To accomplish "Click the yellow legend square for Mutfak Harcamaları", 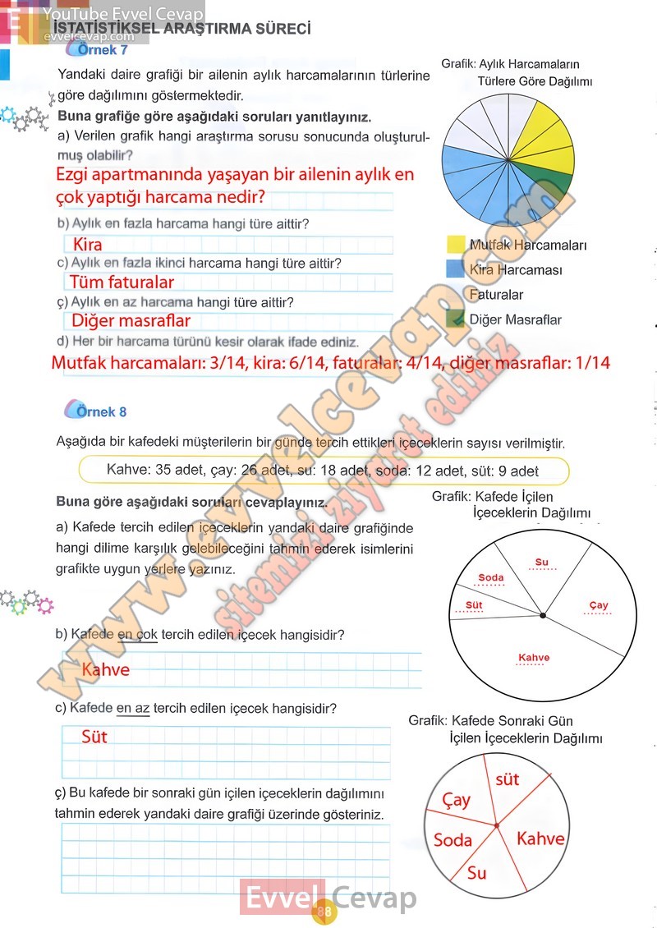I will click(456, 244).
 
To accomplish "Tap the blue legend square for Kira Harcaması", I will click(456, 269).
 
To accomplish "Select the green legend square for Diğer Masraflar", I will click(456, 319).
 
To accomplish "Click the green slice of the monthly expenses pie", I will click(558, 184).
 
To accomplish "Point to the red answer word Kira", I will click(88, 245).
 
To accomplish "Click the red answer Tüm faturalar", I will click(122, 283).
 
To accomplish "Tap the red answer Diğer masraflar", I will click(131, 321).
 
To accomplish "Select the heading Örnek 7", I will click(102, 50).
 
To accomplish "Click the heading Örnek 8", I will click(102, 411).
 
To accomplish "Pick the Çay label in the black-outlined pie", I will click(599, 605).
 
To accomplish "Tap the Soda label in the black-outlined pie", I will click(490, 577).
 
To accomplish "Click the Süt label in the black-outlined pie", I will click(468, 605).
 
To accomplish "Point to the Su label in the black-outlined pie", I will click(541, 563).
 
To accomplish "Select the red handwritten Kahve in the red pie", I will click(540, 838).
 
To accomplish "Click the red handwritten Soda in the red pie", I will click(453, 839).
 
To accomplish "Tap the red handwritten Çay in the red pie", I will click(457, 799).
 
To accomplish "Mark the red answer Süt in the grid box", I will click(94, 737).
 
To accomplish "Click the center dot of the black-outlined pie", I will click(542, 615).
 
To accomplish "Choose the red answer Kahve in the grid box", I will click(106, 670).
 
